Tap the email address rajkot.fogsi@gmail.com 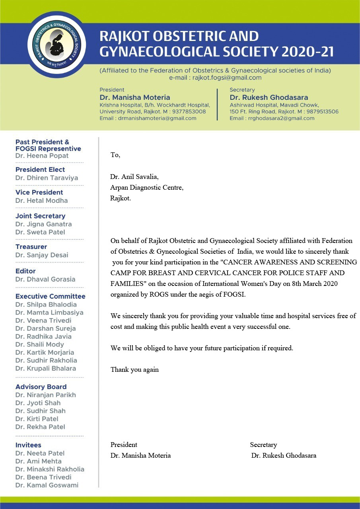click(x=227, y=78)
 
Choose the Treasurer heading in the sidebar click(x=31, y=247)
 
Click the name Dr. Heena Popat click(x=42, y=156)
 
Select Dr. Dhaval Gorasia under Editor click(x=45, y=279)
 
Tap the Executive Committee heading click(x=50, y=296)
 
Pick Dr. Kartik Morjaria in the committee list click(x=45, y=352)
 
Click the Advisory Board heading click(x=41, y=387)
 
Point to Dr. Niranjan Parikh click(x=45, y=395)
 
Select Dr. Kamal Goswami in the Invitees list click(x=47, y=485)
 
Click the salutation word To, click(x=115, y=155)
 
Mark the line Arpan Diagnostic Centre click(x=147, y=187)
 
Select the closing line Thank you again click(x=134, y=370)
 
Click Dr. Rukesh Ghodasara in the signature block click(x=284, y=456)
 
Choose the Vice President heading click(x=39, y=192)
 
